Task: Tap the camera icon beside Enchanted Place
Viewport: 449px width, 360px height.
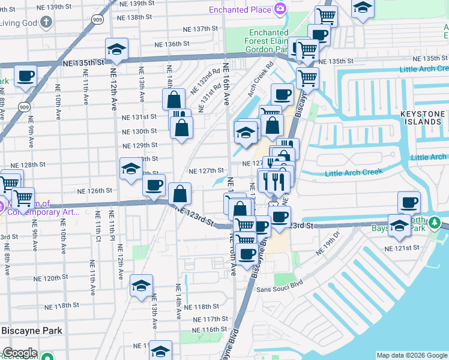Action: point(280,9)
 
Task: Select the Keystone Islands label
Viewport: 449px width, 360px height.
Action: point(423,118)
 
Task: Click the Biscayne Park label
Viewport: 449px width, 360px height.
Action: point(32,331)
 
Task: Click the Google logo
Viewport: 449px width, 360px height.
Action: point(19,353)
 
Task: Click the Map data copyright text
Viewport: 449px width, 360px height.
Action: point(412,355)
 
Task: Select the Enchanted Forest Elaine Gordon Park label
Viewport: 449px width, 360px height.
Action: point(269,41)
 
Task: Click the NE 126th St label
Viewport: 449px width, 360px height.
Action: point(95,191)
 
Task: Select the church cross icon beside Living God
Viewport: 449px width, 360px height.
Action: point(47,23)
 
